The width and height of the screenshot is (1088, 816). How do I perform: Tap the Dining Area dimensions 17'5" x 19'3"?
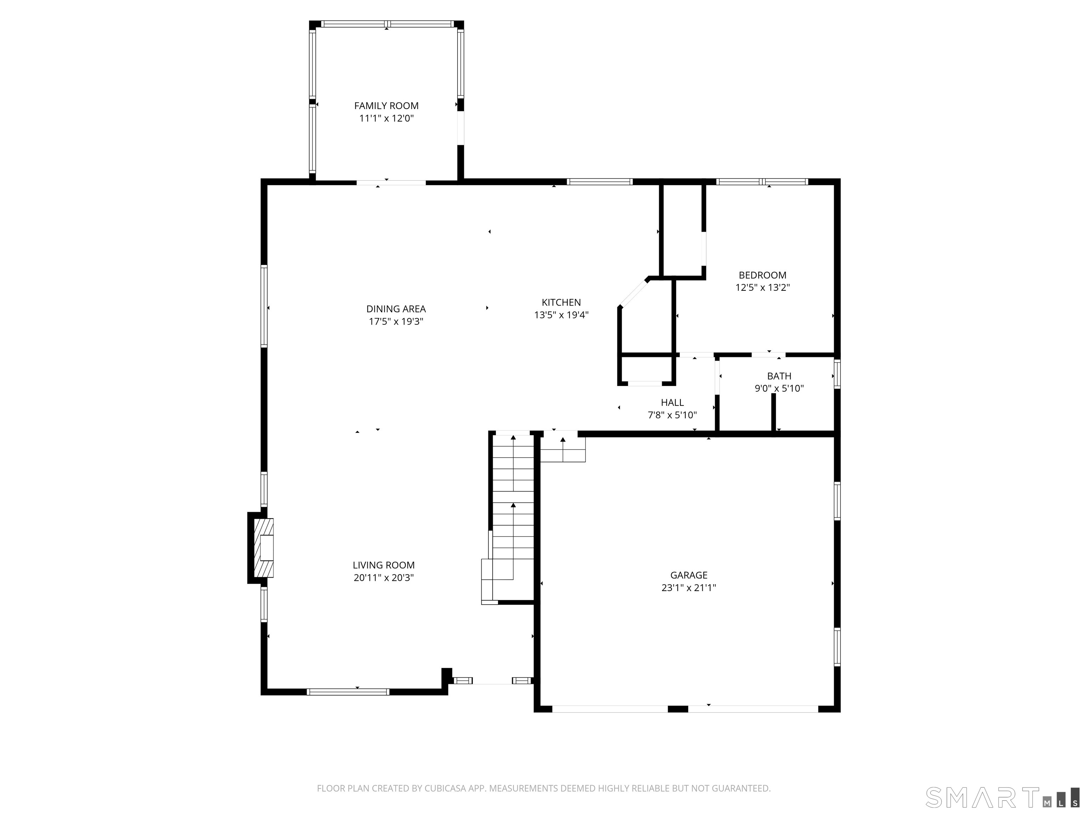[x=396, y=322]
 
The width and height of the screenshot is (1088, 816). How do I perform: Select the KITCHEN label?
[x=561, y=302]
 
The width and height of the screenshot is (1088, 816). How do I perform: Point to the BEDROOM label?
[x=763, y=276]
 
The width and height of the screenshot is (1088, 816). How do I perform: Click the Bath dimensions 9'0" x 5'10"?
[x=779, y=389]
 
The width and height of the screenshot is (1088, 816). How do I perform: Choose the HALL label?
[x=672, y=403]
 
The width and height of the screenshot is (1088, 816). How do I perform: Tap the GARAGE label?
[x=688, y=575]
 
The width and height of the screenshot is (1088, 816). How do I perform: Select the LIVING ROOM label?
[x=384, y=565]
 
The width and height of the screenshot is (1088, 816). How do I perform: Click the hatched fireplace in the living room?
[x=263, y=548]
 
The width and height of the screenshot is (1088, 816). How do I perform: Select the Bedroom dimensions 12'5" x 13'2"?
[x=763, y=288]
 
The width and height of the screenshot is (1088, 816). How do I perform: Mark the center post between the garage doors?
[x=678, y=709]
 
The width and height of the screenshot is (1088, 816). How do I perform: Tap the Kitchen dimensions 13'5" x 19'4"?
[x=561, y=315]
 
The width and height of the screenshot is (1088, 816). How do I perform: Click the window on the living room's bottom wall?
[x=348, y=692]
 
